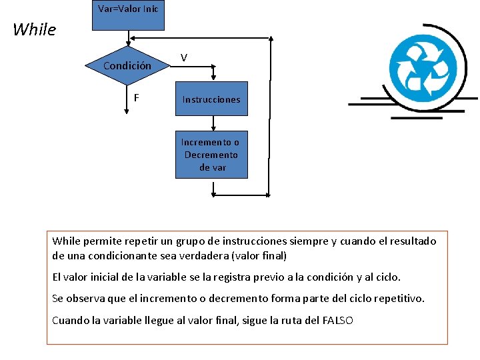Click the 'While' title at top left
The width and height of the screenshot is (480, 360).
point(34,29)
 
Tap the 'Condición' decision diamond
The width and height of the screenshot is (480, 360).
point(127,66)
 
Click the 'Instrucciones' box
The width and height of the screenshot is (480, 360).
point(211,99)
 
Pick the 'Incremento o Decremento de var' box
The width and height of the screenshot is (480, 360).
point(211,155)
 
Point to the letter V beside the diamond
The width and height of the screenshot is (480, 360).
point(184,58)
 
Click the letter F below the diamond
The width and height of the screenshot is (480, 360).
point(136,97)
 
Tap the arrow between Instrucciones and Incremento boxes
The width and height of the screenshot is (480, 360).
point(213,123)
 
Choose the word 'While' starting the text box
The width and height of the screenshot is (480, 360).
point(66,241)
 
